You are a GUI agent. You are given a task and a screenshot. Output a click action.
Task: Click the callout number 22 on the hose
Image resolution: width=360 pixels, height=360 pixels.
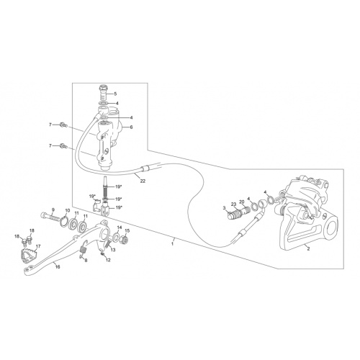click(x=143, y=181)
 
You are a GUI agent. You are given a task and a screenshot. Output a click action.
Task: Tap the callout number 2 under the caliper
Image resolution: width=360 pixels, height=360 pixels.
click(x=309, y=249)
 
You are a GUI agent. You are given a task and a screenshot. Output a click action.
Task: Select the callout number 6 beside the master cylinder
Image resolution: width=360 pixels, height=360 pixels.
click(x=131, y=127)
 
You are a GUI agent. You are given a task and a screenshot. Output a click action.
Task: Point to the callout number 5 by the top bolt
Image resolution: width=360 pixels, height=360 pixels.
click(x=115, y=94)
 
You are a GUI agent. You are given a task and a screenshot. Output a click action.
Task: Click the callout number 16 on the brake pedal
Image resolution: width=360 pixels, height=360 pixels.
click(x=58, y=266)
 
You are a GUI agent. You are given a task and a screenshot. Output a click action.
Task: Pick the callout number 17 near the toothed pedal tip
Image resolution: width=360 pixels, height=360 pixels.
click(x=38, y=246)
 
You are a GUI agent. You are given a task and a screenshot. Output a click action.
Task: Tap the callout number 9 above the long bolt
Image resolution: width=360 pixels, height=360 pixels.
click(x=53, y=210)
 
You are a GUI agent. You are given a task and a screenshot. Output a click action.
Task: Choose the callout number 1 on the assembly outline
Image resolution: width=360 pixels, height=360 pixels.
click(x=172, y=244)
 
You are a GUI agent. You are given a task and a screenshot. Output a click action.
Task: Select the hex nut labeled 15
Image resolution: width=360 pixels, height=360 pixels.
click(x=125, y=239)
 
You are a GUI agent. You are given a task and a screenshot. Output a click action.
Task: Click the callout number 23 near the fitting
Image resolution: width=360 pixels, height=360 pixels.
click(x=234, y=204)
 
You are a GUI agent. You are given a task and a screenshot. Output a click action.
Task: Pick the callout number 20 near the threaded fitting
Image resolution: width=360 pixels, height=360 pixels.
click(x=242, y=202)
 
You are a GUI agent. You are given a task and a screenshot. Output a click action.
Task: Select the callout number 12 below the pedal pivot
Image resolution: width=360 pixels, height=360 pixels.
click(x=108, y=260)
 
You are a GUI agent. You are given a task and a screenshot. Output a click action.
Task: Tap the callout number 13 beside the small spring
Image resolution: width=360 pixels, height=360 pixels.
click(x=113, y=250)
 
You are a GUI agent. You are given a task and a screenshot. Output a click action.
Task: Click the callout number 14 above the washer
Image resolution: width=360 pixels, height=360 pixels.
click(x=120, y=228)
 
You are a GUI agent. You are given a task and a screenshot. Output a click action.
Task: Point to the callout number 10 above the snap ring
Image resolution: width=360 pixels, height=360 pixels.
click(x=68, y=210)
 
